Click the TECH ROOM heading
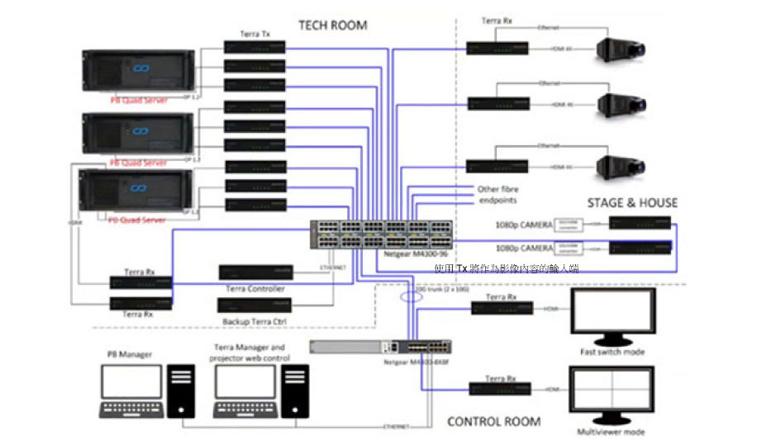click(332, 25)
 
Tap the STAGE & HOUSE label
click(632, 202)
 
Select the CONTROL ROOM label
click(493, 421)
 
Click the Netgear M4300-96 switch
click(381, 235)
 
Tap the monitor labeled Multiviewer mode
click(612, 393)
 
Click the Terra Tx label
click(255, 34)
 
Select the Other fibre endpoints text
click(498, 195)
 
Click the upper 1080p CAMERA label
click(524, 224)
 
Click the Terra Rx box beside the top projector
click(498, 49)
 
